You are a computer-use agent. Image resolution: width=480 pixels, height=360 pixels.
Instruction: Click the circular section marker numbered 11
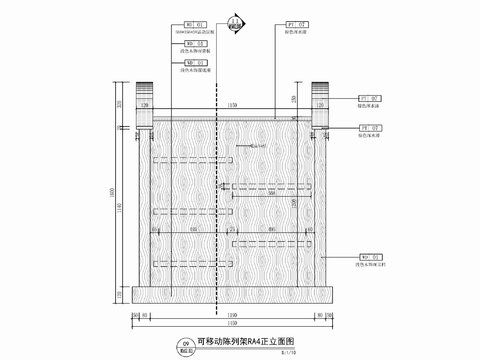pos(236,21)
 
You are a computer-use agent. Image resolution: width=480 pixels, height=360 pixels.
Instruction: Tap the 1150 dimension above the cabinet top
pos(232,104)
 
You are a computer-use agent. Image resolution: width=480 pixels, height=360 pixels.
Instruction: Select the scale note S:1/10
pos(290,351)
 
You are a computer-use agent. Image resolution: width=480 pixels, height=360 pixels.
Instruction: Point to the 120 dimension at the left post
pos(144,104)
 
